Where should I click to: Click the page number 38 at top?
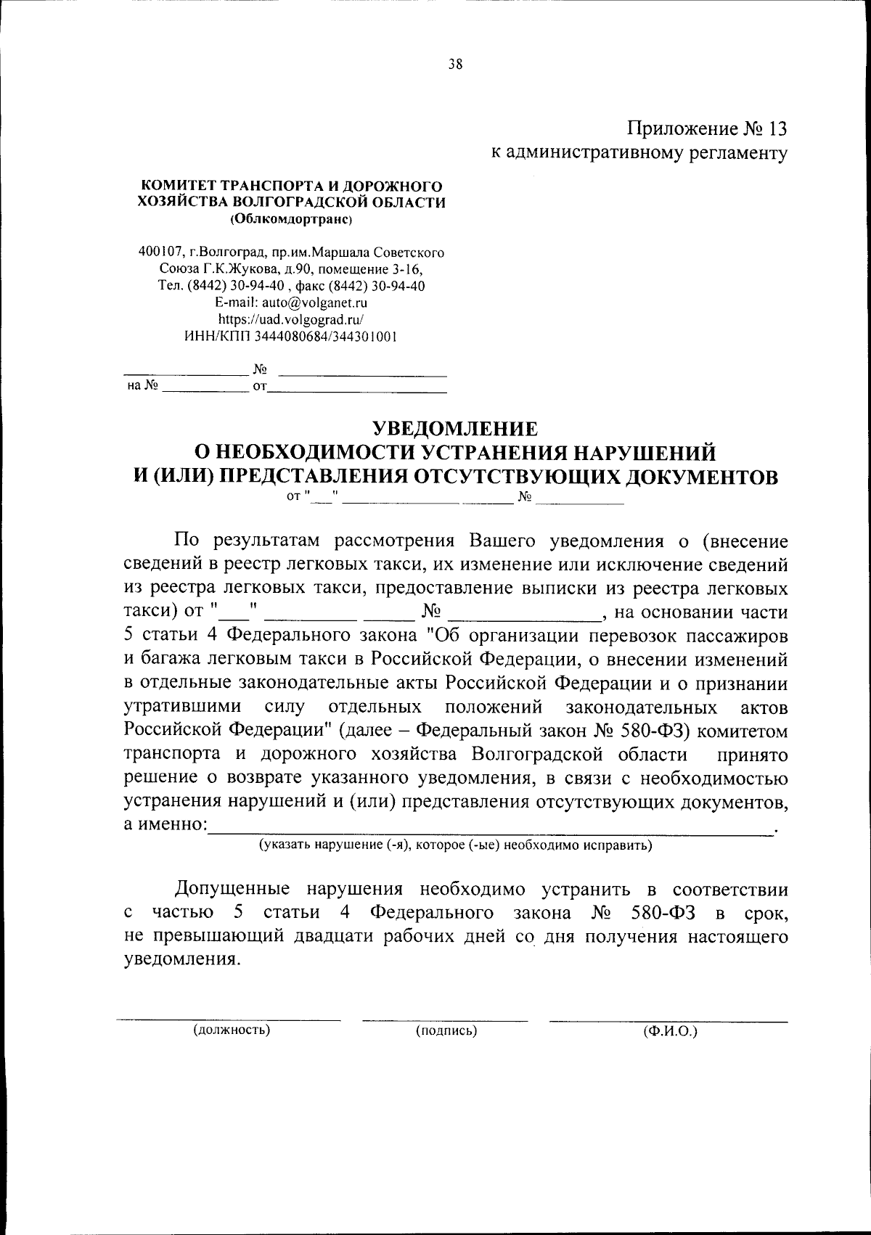pyautogui.click(x=455, y=64)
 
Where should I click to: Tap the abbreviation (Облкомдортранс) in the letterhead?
pyautogui.click(x=291, y=218)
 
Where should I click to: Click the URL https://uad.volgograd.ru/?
pyautogui.click(x=291, y=319)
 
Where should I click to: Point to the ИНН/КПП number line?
pyautogui.click(x=291, y=336)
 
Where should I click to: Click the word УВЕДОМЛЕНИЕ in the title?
pyautogui.click(x=455, y=428)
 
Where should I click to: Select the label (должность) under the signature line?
pyautogui.click(x=231, y=1030)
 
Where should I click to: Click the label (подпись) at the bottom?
pyautogui.click(x=446, y=1030)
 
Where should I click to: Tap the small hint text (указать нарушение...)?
pyautogui.click(x=456, y=845)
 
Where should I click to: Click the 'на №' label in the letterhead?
pyautogui.click(x=142, y=386)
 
